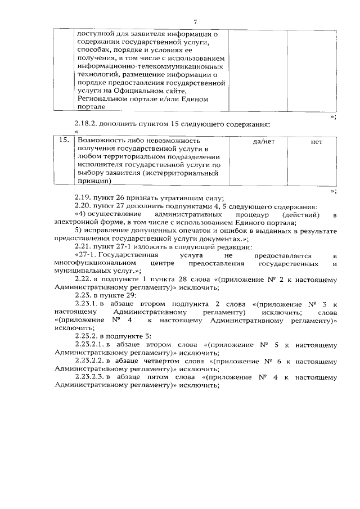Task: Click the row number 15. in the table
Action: [x=65, y=141]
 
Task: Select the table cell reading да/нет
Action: [x=264, y=142]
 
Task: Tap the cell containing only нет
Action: [x=316, y=142]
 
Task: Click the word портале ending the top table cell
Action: [x=90, y=106]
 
